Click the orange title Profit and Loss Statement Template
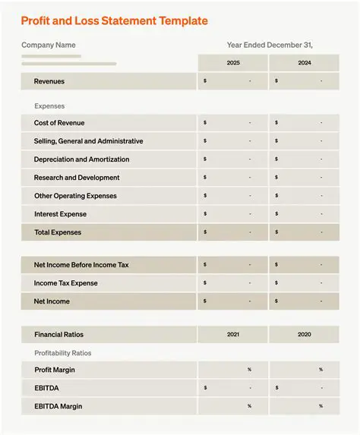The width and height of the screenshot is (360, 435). pos(114,20)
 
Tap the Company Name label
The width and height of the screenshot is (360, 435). pos(48,45)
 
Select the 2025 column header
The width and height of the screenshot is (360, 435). pos(233,63)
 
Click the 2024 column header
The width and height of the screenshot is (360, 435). pos(304,63)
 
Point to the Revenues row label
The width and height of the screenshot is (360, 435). pos(49,81)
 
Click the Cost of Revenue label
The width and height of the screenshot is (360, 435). pos(59,123)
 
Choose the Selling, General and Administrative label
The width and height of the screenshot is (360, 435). pos(88,141)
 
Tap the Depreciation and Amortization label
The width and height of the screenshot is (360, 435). pos(81,159)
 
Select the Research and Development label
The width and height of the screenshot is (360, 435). pos(77,178)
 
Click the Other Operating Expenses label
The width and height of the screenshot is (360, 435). pos(75,196)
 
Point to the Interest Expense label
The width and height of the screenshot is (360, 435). pos(60,214)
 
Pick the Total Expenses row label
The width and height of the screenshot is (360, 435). pos(58,232)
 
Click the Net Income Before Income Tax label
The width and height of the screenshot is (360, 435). pos(81,265)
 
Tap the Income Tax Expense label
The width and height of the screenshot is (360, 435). pos(66,283)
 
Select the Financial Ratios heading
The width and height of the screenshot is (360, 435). pos(58,334)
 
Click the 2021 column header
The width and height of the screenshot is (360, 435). pos(233,334)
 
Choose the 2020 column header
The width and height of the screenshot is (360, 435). pos(304,334)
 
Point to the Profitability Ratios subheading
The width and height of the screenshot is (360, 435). pos(62,353)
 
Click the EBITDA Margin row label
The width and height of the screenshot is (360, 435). pos(58,406)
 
